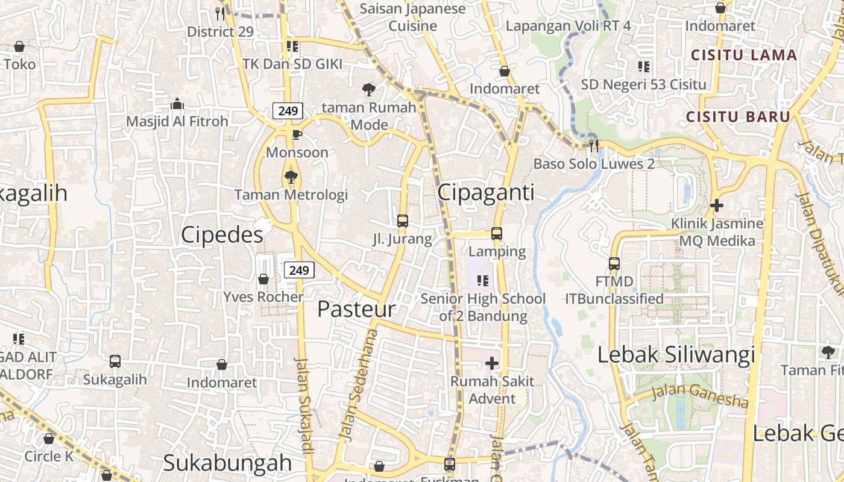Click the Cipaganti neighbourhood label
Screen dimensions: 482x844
point(485,192)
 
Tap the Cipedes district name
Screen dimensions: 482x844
point(222,235)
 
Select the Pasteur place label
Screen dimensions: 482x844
point(356,309)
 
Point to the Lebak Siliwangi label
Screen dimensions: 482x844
point(676,355)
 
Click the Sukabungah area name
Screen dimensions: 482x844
point(227,463)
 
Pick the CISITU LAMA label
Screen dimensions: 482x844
point(744,55)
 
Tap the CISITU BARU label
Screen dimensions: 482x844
point(738,116)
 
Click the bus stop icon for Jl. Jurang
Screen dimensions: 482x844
point(403,221)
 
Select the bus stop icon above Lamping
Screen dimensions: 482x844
point(497,234)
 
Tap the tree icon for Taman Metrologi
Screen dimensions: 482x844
point(291,177)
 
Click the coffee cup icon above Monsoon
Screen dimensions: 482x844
point(297,134)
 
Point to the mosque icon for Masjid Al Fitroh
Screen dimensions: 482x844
point(177,104)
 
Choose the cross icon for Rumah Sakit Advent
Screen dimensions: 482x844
point(492,363)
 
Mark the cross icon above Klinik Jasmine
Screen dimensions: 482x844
point(716,205)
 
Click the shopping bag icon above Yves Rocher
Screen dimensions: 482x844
point(263,279)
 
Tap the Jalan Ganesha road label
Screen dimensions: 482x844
point(700,395)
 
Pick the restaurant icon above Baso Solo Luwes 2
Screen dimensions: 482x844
point(594,145)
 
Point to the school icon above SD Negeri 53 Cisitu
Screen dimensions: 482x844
point(643,66)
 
